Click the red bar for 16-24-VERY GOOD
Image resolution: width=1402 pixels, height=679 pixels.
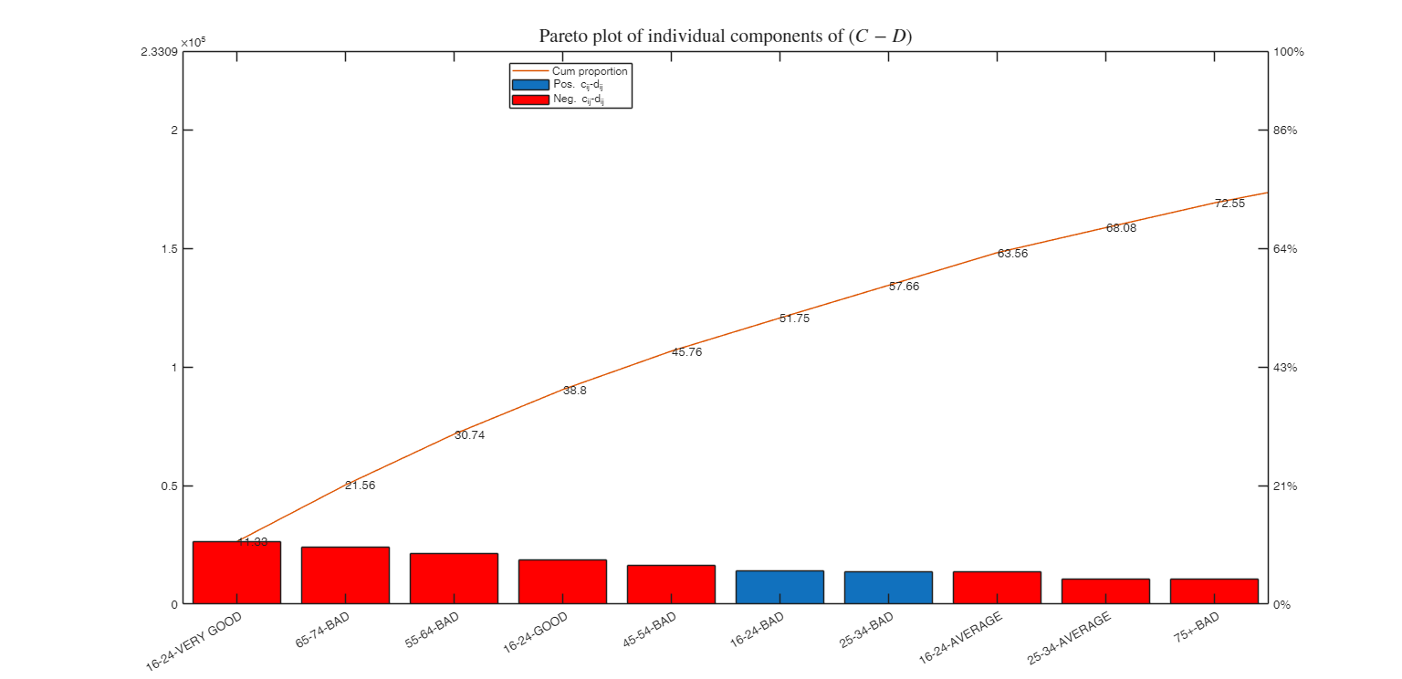[236, 572]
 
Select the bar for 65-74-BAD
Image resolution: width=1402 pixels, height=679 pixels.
[345, 575]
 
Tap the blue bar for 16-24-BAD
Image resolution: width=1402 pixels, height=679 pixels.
[779, 587]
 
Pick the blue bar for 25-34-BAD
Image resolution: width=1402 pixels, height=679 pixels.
[888, 588]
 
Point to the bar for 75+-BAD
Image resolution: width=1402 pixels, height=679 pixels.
[1214, 591]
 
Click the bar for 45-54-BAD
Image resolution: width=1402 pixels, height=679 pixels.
[671, 584]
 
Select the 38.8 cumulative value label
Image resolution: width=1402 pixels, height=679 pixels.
[575, 390]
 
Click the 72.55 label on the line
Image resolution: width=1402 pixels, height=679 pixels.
[1229, 204]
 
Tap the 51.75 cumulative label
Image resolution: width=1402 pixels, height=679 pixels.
[794, 319]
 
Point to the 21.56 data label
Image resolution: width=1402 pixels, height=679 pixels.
[360, 486]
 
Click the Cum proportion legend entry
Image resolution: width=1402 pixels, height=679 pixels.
[590, 71]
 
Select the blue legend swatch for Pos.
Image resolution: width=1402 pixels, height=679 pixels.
[530, 85]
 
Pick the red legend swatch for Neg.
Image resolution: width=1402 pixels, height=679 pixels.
[530, 99]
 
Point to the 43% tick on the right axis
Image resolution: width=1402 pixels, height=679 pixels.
[1285, 367]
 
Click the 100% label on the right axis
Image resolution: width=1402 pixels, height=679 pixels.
[1288, 52]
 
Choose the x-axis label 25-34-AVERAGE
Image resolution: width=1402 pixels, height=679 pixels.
[1070, 638]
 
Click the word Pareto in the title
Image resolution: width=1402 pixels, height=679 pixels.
[562, 37]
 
